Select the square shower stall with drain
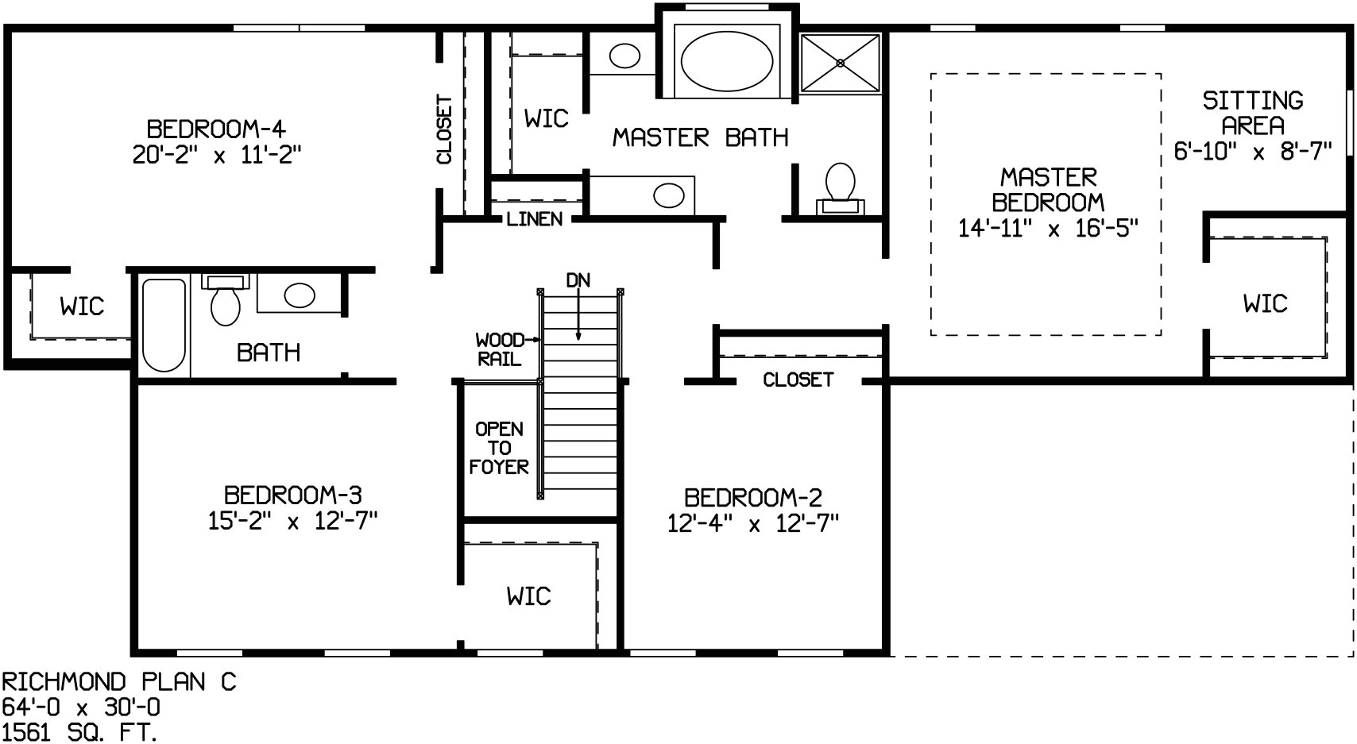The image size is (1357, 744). [x=840, y=63]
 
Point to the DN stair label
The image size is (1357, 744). [x=578, y=280]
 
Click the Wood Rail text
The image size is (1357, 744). [x=499, y=349]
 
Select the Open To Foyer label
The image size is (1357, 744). [x=498, y=448]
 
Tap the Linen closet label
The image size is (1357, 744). [x=534, y=219]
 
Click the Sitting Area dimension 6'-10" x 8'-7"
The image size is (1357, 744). [x=1252, y=151]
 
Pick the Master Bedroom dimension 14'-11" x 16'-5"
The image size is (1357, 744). [x=1048, y=229]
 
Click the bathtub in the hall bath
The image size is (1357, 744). [x=164, y=325]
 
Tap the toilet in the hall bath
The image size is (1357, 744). [x=226, y=302]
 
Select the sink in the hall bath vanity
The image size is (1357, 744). [x=300, y=295]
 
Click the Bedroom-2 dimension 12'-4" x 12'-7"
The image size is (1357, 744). [x=752, y=524]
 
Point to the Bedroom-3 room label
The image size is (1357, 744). [x=292, y=495]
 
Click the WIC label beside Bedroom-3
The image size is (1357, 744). [x=528, y=596]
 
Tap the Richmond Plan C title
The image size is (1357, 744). [x=119, y=681]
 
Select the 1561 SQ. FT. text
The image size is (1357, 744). [x=79, y=732]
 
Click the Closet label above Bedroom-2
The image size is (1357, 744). [x=798, y=380]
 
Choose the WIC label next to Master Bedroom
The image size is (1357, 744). [x=1265, y=303]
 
